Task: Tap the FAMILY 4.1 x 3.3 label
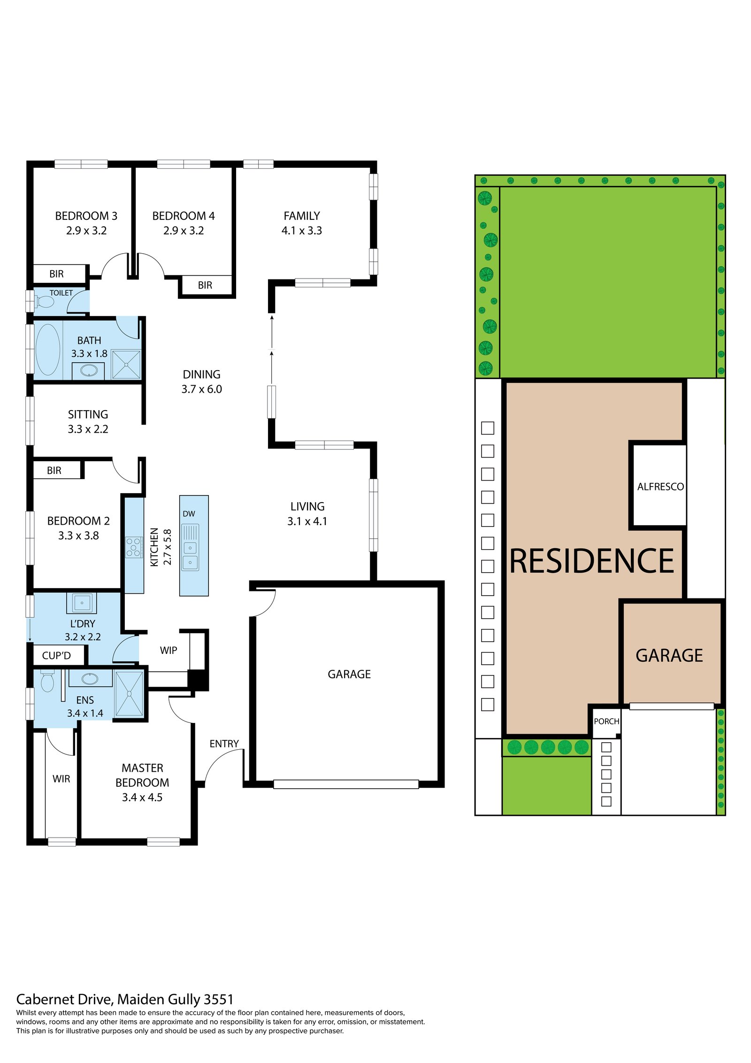[302, 223]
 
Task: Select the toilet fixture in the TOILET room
[45, 300]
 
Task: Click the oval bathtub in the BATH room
[48, 349]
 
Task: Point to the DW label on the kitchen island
[189, 514]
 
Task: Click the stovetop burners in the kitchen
[134, 547]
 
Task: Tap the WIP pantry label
[169, 651]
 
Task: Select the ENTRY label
[224, 744]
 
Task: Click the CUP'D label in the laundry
[56, 656]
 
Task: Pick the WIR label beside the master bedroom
[61, 779]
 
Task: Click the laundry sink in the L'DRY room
[82, 603]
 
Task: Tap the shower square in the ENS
[129, 694]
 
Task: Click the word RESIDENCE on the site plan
[592, 561]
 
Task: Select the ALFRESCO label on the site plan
[660, 487]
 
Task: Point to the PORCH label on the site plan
[606, 722]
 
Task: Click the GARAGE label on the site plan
[669, 656]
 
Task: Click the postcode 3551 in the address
[219, 1000]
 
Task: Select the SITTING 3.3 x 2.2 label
[88, 422]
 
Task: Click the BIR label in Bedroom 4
[205, 286]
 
